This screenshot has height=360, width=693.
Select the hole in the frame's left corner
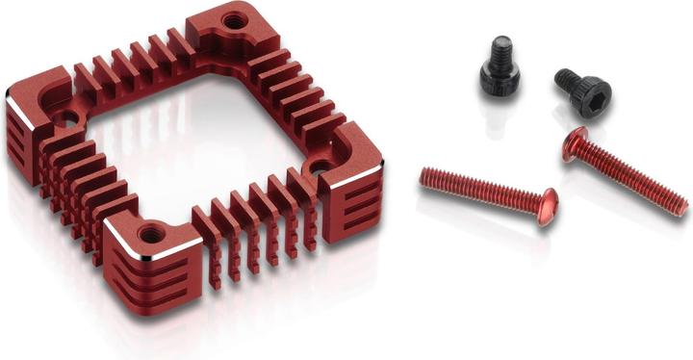click(x=65, y=121)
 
